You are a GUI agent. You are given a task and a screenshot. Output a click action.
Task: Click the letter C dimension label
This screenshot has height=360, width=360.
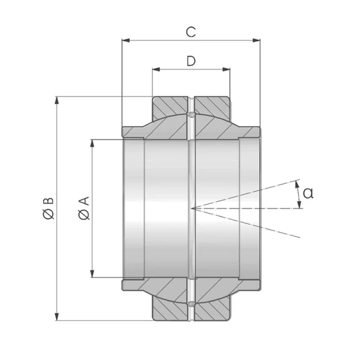pos(191,32)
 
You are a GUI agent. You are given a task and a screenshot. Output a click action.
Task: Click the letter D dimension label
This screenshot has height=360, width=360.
pos(191,61)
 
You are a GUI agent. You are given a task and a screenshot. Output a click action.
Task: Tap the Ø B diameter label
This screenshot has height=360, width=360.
pos(48,208)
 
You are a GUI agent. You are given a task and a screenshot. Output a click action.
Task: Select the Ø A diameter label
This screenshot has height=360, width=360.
pos(84,208)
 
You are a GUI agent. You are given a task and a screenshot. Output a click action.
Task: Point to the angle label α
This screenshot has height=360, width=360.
pos(308,193)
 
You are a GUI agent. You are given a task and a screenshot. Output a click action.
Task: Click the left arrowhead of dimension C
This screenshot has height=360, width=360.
pos(126,40)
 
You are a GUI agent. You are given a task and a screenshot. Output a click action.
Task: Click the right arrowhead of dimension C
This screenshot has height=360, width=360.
pos(256,40)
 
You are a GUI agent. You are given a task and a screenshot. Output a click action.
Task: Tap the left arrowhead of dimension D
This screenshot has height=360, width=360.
pos(156,69)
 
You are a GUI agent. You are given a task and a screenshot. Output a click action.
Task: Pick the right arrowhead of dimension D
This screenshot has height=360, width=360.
pos(226,69)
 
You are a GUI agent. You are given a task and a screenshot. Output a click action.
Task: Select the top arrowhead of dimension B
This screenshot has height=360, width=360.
pos(57,100)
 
